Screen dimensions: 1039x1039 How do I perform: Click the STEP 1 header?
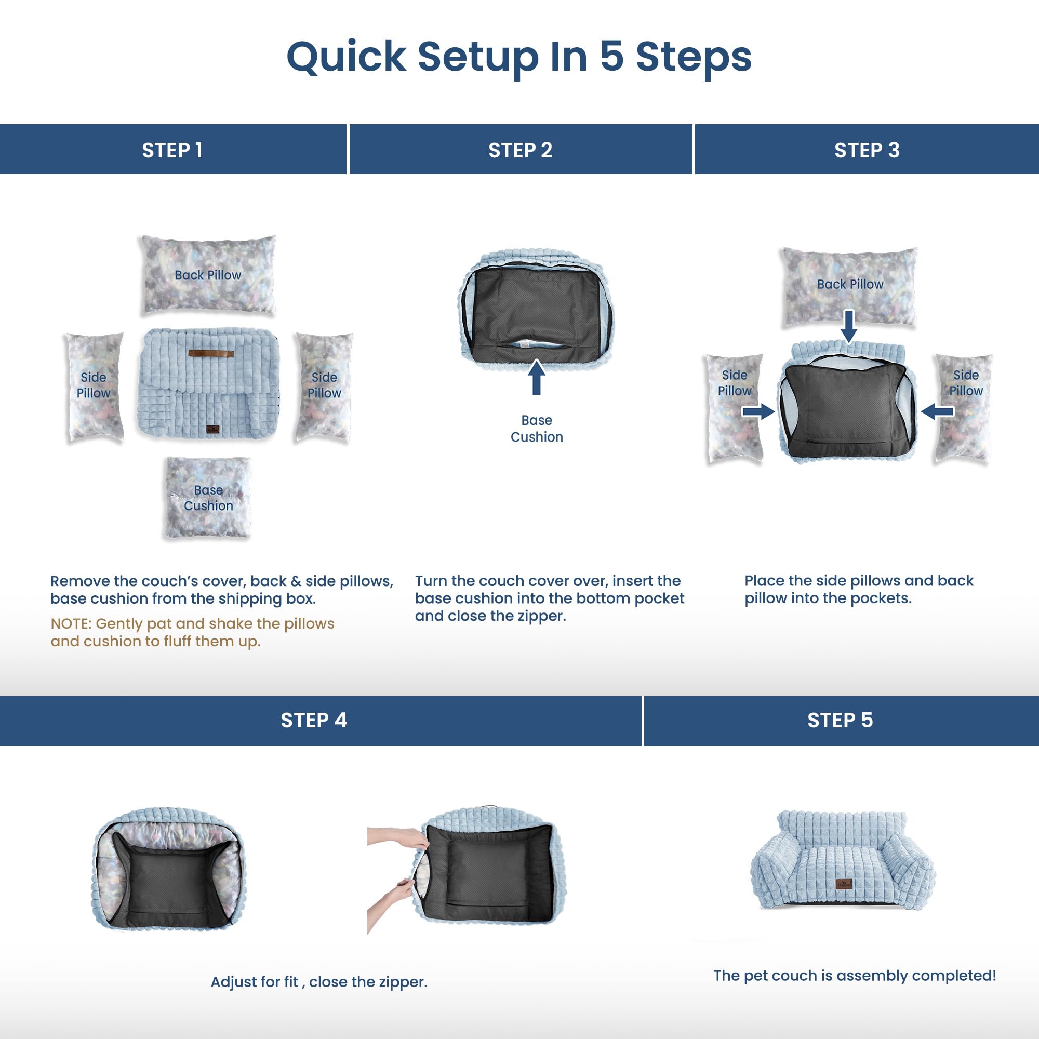tap(172, 150)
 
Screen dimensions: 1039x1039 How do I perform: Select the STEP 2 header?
tap(521, 150)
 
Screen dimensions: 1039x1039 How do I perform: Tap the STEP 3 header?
tap(867, 150)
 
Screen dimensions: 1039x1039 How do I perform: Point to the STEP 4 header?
tap(314, 720)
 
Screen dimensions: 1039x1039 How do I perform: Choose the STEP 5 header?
tap(840, 720)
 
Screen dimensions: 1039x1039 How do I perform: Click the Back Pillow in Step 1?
tap(208, 275)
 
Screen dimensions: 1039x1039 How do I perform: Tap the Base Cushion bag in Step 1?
tap(208, 498)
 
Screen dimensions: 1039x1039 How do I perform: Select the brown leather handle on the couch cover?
tap(211, 353)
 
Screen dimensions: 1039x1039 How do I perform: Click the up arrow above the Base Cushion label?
tap(536, 377)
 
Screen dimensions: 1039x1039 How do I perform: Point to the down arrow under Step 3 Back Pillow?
tap(849, 326)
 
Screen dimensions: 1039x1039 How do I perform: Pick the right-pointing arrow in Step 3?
tap(758, 412)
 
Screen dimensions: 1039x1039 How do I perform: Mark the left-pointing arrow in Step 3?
tap(937, 412)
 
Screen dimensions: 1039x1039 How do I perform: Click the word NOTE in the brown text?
tap(71, 624)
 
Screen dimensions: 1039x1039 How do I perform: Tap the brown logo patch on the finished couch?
tap(844, 883)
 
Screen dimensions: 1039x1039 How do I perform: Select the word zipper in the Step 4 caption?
tap(402, 982)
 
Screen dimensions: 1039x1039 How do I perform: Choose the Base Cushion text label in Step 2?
tap(537, 429)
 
